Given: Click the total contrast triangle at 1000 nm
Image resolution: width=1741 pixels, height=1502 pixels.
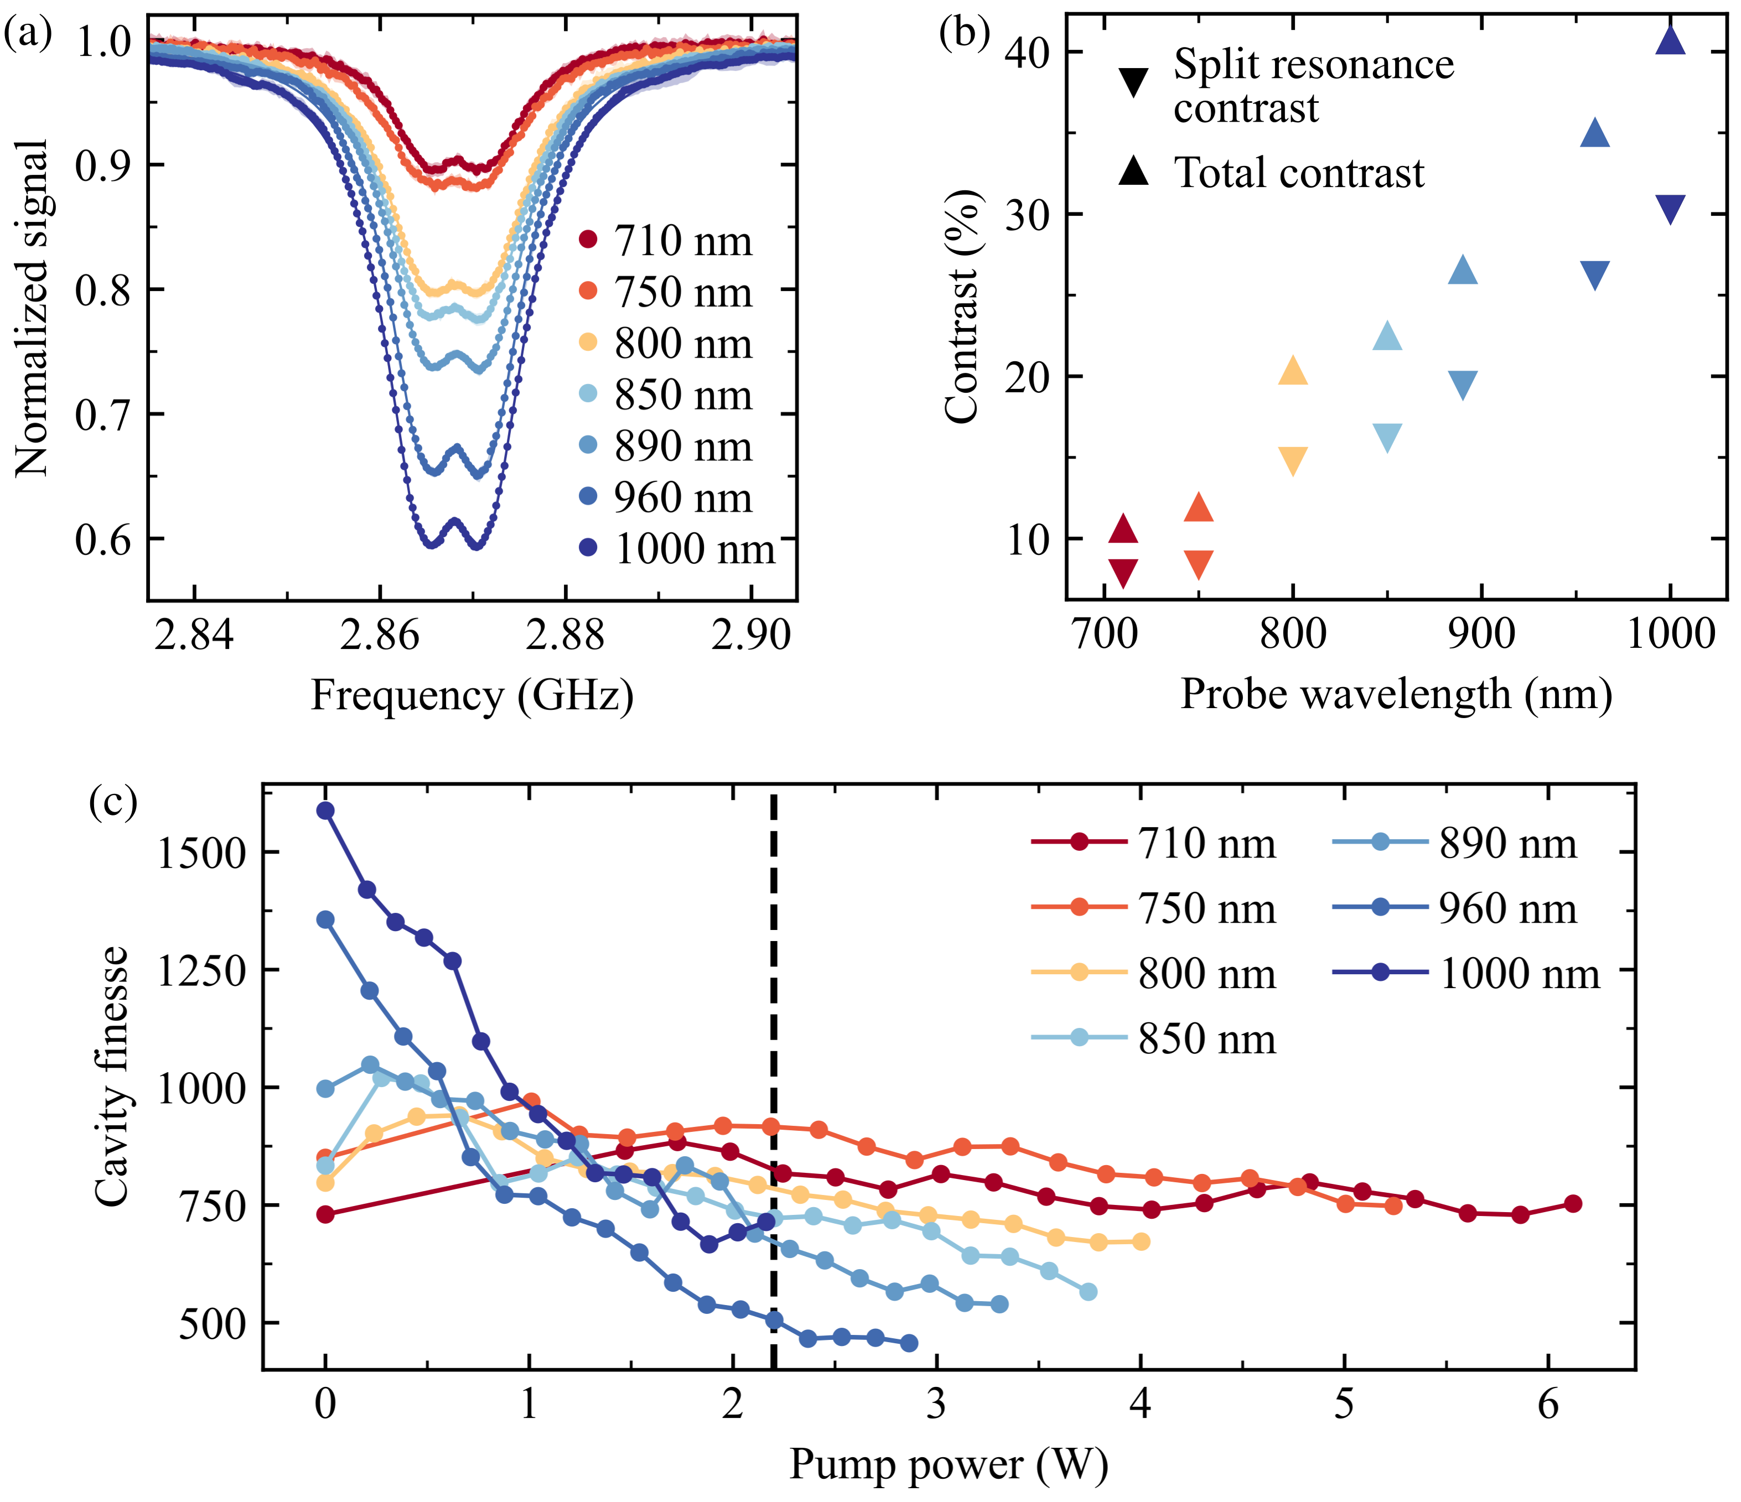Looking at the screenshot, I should tap(1670, 41).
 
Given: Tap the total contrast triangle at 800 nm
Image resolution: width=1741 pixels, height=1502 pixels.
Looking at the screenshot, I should tap(1292, 371).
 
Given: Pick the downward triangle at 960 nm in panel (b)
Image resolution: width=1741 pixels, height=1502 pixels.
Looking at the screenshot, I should tap(1594, 275).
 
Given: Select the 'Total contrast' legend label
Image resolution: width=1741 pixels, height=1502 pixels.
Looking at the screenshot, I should tap(1298, 173).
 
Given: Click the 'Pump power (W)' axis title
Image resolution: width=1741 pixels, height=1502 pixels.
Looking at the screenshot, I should tap(948, 1464).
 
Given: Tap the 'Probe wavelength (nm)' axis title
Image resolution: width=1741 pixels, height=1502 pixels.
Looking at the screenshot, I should tap(1396, 695).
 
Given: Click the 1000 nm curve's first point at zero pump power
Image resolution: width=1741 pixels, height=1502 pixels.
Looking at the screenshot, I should tap(325, 810).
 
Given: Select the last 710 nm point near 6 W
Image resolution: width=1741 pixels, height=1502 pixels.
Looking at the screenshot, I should tap(1572, 1204).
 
